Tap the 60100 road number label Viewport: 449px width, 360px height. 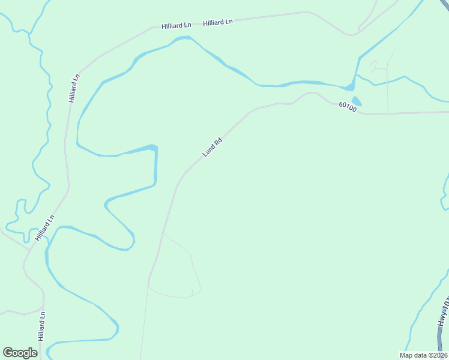point(347,107)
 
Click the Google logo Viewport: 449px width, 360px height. point(20,353)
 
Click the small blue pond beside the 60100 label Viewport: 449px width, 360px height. point(357,101)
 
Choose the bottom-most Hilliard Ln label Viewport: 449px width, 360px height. point(41,326)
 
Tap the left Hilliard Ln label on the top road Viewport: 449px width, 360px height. point(176,26)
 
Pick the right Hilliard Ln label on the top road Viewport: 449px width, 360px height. point(218,22)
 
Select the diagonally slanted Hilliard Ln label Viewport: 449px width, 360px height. point(45,228)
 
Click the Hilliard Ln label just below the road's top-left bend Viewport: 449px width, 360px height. point(73,88)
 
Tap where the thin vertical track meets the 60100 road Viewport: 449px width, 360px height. point(388,112)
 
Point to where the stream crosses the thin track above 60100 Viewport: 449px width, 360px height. point(387,80)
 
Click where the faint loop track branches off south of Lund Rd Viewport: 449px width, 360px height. point(163,233)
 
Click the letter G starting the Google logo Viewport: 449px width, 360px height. point(8,352)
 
